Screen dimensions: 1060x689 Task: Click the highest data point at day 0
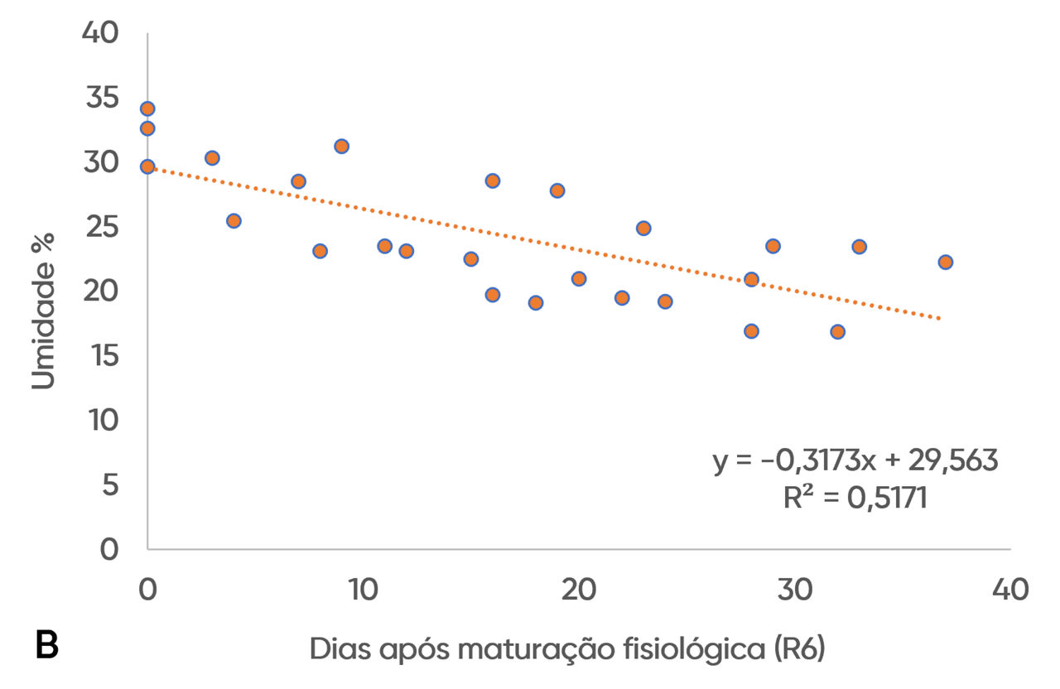147,108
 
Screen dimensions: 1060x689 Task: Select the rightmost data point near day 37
945,263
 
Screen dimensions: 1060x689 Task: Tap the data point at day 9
341,147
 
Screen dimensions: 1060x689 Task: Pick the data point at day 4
234,221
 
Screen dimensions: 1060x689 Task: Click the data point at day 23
643,229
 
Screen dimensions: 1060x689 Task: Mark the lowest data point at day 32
837,332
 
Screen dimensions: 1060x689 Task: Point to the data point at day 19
557,190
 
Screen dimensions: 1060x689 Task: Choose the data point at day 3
212,158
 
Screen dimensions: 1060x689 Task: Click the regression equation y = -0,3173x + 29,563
855,460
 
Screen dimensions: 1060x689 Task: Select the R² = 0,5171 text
855,498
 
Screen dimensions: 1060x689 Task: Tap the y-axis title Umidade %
43,311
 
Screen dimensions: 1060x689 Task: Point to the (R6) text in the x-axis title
799,648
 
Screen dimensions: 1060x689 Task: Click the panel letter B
47,644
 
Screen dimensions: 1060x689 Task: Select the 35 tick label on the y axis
102,98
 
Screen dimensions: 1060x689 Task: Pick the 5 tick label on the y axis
110,485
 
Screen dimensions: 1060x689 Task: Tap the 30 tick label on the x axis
794,590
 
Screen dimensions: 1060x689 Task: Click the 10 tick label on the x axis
364,590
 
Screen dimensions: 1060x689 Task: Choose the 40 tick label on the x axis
1010,590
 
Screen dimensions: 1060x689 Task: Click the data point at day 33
859,247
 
